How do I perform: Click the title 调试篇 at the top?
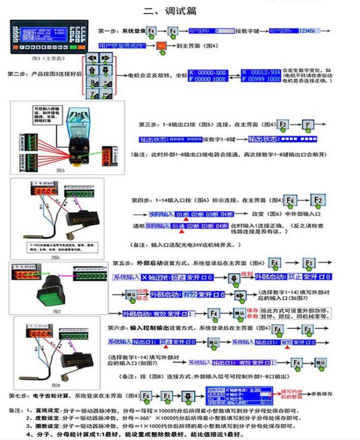click(170, 11)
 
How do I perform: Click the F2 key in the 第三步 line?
click(283, 125)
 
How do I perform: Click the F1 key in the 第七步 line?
click(167, 396)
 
